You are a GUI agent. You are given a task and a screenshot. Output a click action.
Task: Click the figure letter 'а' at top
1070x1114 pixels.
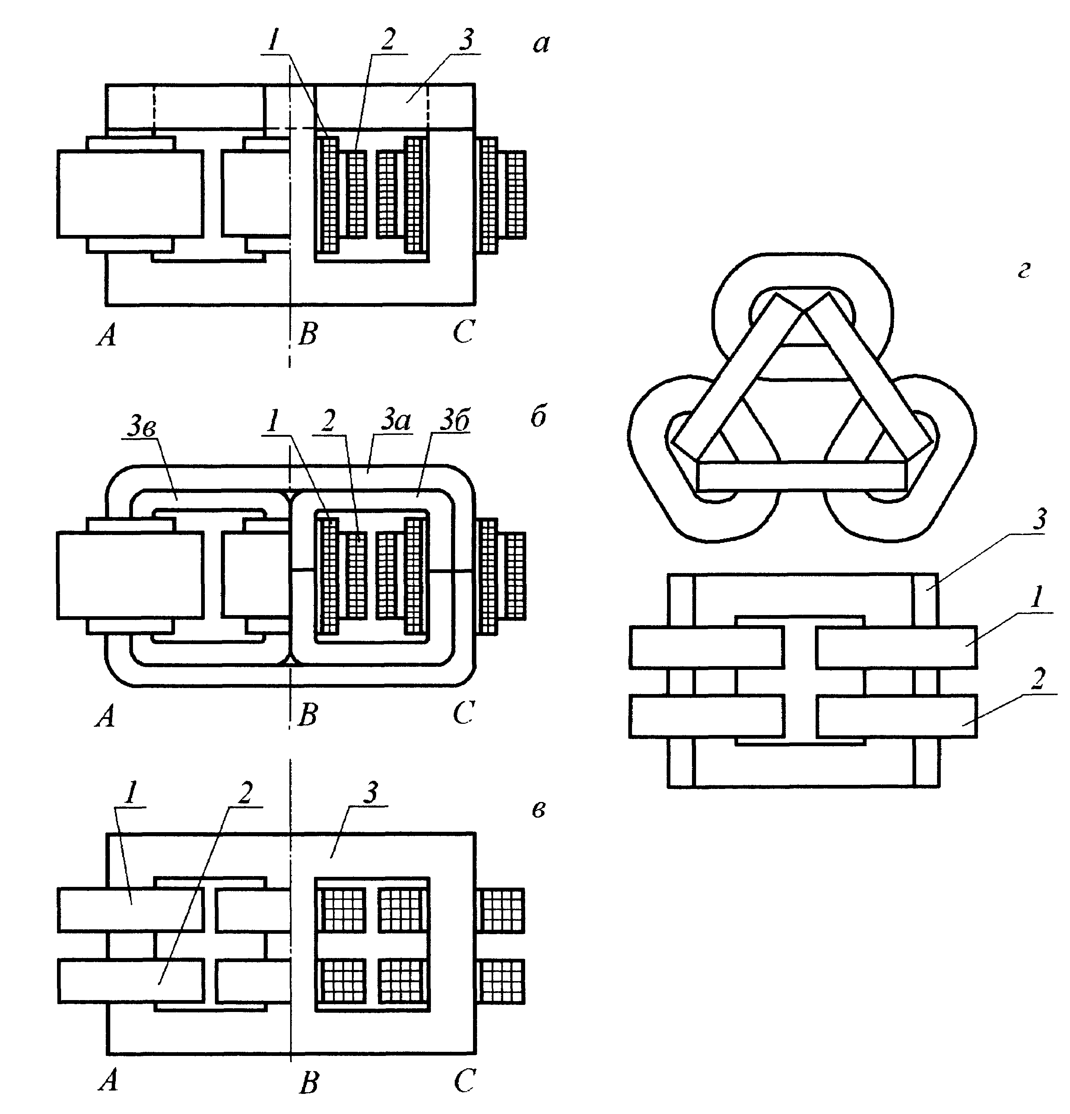click(541, 44)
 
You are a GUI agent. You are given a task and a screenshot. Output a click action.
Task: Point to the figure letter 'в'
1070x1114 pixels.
click(539, 810)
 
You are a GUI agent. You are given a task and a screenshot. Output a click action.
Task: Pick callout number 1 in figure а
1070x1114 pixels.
click(274, 41)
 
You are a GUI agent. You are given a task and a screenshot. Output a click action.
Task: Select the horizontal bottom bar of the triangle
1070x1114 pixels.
click(801, 476)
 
